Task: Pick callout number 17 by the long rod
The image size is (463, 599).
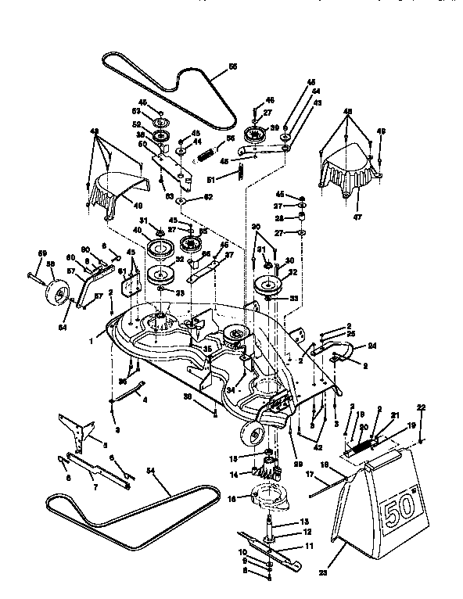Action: (309, 473)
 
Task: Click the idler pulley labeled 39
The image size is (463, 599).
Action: (254, 132)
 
